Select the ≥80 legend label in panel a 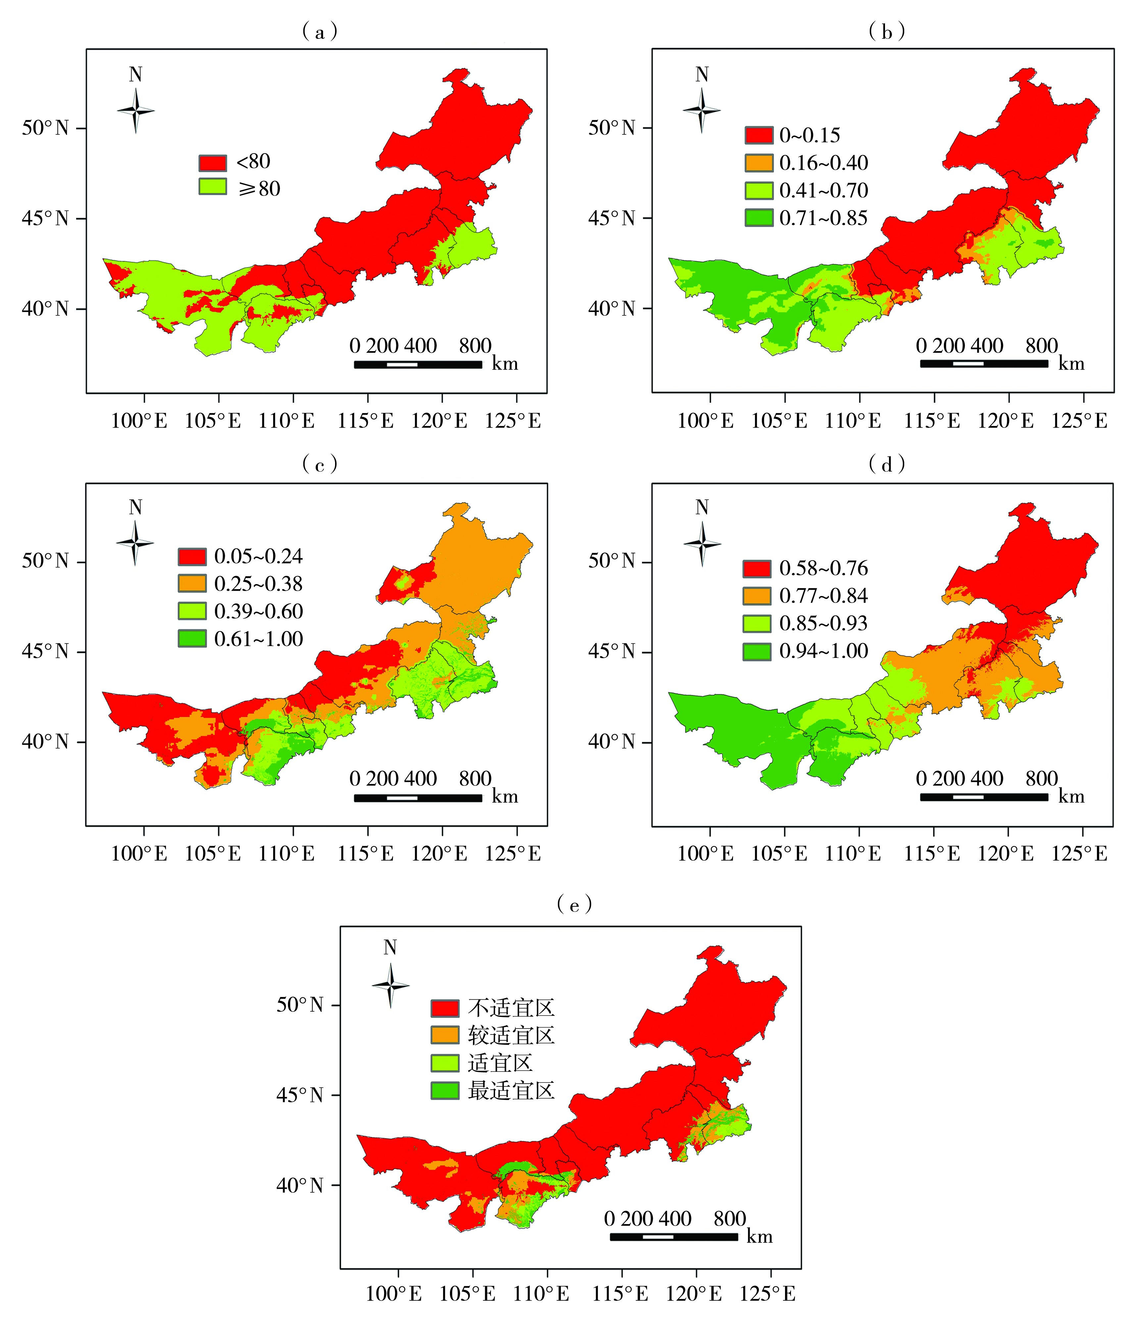(x=259, y=189)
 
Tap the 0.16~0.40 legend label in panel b (x=823, y=163)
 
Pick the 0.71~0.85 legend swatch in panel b (x=759, y=218)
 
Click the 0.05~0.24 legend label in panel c (x=258, y=556)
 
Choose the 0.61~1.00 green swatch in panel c (x=192, y=638)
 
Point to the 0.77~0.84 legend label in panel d (x=823, y=596)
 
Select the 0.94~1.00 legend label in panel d (x=823, y=651)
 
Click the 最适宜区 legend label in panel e (x=511, y=1090)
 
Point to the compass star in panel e (x=390, y=985)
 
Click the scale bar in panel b (x=984, y=364)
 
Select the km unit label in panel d (x=1071, y=797)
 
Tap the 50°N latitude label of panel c (x=45, y=561)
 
